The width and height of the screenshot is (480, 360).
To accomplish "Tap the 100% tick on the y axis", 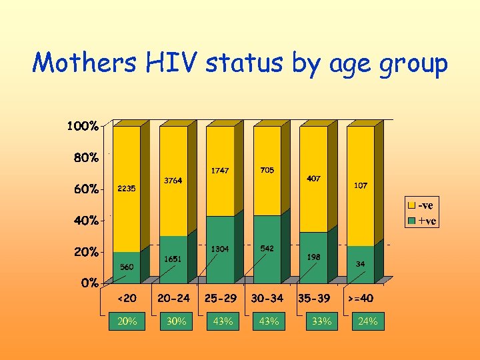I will pos(83,126).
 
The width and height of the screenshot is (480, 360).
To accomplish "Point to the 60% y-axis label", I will pos(85,189).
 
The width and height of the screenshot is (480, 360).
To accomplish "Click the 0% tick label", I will pos(90,283).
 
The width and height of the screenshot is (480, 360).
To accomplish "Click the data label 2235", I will pos(127,189).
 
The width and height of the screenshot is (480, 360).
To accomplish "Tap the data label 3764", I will pos(173,180).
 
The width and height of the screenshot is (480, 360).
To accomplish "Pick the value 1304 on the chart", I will pos(220,249).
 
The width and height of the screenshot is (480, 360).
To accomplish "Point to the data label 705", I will pos(267,170).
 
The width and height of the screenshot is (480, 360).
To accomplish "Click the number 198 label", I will pos(313,256).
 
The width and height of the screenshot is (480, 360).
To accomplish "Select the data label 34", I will pos(360,264).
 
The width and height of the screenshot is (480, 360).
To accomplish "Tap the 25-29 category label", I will pos(220,298).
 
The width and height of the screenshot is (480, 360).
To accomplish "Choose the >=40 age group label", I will pos(360,298).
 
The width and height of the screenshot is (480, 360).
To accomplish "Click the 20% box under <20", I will pos(127,321).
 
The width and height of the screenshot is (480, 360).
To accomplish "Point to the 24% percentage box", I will pos(367,321).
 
